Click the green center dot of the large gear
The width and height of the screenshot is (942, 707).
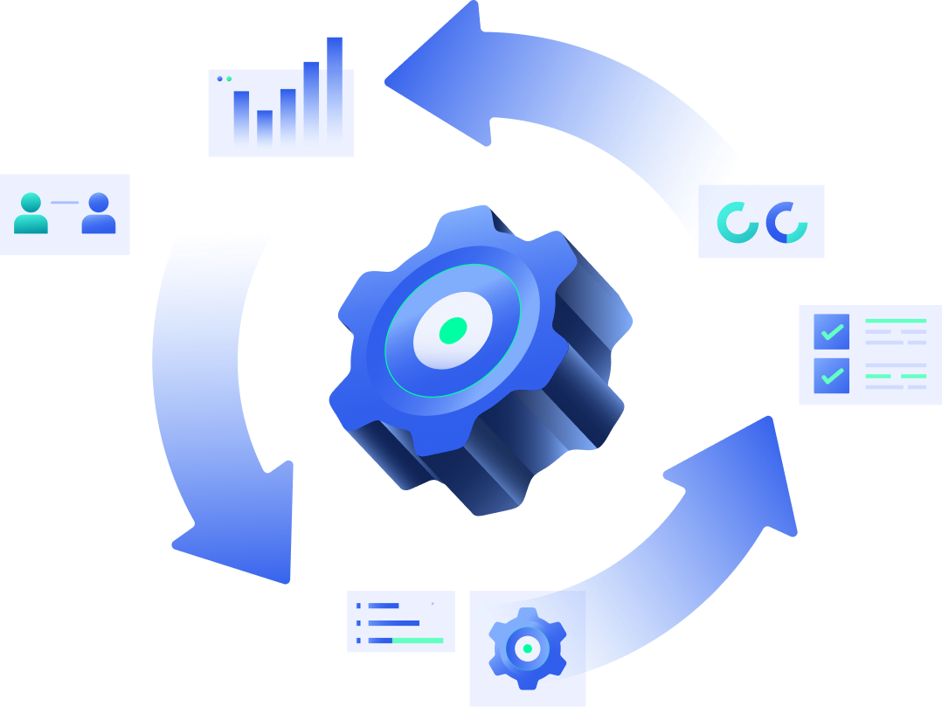point(453,329)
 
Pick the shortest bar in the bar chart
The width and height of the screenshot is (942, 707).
point(265,127)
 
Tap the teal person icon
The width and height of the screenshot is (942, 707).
point(31,213)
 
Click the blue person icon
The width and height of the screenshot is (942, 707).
point(99,213)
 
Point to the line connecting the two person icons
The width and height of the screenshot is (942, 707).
point(65,203)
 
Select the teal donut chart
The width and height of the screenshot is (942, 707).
point(738,222)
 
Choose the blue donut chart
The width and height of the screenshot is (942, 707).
point(786,222)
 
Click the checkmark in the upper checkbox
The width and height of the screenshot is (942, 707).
point(832,332)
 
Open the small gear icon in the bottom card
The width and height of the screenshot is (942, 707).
point(527,648)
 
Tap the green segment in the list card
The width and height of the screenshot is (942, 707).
point(418,641)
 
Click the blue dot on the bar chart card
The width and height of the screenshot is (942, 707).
point(219,79)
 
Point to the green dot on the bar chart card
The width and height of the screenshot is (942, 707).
point(229,79)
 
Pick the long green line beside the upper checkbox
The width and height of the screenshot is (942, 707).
point(895,321)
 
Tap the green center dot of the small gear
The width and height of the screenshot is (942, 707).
point(527,648)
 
